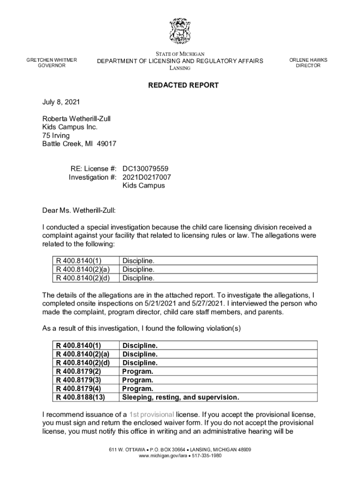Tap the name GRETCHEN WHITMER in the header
tap(51, 60)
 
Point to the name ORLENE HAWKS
tap(308, 60)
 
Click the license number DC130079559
tap(145, 168)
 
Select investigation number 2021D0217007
tap(147, 177)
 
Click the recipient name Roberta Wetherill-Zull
tap(76, 119)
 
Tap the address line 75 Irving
tap(56, 136)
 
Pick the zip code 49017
tap(107, 144)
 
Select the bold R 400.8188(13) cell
tap(80, 397)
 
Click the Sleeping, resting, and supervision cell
tap(180, 397)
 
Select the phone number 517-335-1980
tap(206, 456)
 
